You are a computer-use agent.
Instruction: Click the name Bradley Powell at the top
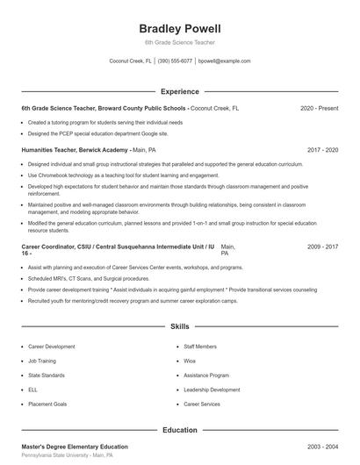click(x=180, y=29)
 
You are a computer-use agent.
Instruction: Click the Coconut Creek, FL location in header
click(x=130, y=61)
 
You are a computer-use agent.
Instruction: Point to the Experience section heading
click(x=180, y=91)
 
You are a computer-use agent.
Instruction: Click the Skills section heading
click(x=180, y=326)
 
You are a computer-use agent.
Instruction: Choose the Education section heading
click(x=180, y=430)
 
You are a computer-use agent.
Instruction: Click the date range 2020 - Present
click(x=319, y=108)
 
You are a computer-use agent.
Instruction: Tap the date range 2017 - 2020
click(x=322, y=150)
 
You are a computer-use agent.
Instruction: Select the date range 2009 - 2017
click(x=322, y=247)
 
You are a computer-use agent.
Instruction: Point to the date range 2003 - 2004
click(x=322, y=447)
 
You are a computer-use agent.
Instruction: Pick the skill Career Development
click(x=52, y=347)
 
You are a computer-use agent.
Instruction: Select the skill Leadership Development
click(x=212, y=390)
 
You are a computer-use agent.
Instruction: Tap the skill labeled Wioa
click(x=190, y=361)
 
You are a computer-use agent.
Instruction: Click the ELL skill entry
click(x=33, y=390)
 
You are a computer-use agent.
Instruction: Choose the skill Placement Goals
click(x=47, y=404)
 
